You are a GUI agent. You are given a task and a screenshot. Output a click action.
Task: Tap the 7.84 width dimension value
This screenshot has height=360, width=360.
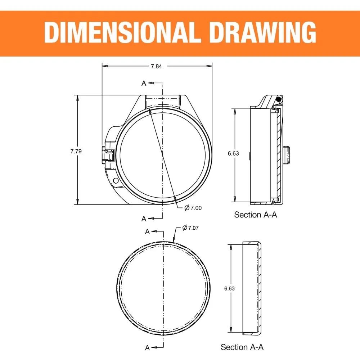[x=156, y=66]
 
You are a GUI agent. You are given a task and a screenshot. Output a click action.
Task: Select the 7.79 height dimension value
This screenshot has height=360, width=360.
[x=76, y=151]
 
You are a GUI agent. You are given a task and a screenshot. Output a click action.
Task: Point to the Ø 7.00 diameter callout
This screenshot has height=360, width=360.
[x=193, y=208]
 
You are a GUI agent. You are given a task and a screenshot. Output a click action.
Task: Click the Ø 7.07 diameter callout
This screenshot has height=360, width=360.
[x=190, y=228]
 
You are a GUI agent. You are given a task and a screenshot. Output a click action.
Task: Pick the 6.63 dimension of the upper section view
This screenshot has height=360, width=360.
[x=233, y=153]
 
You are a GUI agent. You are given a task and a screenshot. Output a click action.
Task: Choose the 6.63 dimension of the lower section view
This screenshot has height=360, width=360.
[x=229, y=288]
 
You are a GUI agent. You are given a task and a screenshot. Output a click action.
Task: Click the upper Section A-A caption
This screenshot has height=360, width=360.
[x=256, y=215]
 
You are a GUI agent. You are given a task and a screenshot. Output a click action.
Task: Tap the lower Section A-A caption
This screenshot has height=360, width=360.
[x=242, y=347]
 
